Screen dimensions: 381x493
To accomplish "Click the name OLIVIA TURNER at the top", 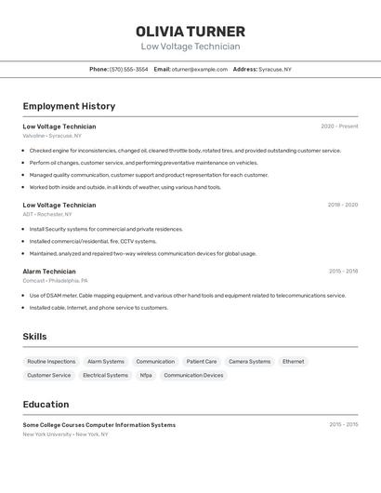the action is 190,32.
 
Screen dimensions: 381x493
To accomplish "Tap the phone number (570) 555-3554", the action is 128,69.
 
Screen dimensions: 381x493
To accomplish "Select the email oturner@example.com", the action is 199,69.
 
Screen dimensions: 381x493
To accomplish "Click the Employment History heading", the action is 69,106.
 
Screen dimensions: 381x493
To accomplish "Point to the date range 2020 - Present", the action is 339,127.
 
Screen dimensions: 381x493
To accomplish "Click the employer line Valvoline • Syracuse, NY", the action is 52,136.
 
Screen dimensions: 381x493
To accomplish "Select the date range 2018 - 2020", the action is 343,205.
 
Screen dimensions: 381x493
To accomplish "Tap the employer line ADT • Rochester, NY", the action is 47,214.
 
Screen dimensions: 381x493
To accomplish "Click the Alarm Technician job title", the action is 49,272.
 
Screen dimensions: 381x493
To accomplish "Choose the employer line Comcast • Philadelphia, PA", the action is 55,281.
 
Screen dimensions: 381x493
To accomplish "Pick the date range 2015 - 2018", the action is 343,272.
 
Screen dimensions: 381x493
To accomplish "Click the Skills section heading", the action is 34,337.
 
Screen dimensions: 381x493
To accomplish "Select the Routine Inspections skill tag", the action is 51,361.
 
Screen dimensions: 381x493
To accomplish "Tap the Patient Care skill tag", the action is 202,361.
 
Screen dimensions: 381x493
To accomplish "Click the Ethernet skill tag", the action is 293,361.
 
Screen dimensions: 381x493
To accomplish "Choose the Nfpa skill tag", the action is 146,375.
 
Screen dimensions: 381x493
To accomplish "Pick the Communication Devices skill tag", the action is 193,375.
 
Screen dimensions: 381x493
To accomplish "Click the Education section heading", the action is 46,405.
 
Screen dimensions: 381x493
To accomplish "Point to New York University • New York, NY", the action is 65,434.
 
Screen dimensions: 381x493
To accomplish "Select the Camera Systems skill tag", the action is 250,361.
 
